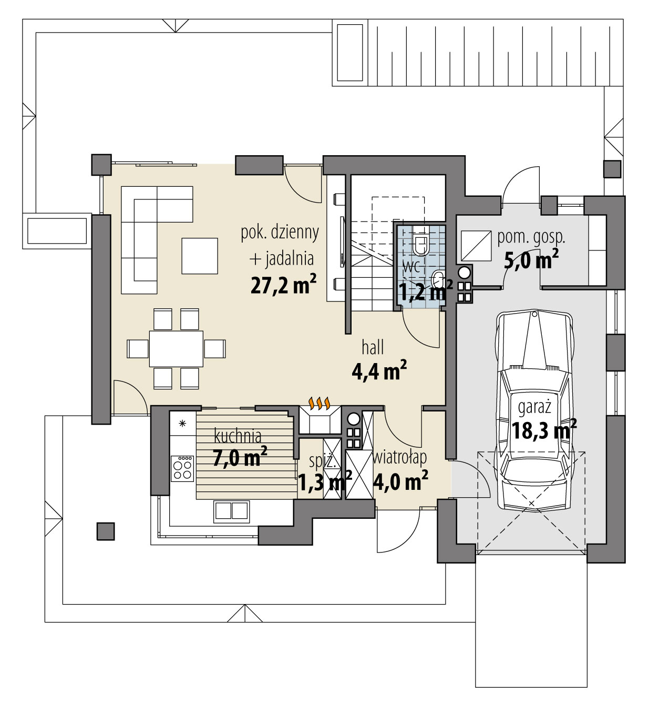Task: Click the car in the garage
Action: (534, 410)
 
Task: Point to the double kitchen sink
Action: (231, 510)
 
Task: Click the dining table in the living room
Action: (176, 348)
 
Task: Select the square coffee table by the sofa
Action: (200, 256)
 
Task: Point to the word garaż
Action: (534, 407)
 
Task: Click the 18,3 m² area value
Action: (543, 430)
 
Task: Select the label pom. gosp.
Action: (531, 237)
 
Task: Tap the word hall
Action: (373, 347)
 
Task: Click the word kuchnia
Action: (238, 436)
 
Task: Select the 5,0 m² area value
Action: (531, 260)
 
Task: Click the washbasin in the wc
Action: (438, 277)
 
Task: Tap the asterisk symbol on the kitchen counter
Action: (182, 423)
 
